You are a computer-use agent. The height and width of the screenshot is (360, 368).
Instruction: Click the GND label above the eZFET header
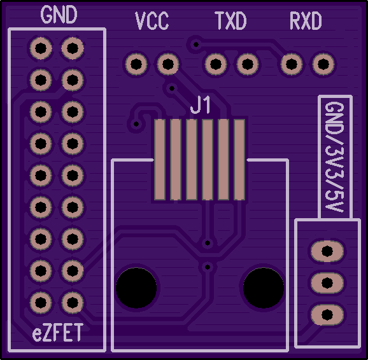[x=59, y=15]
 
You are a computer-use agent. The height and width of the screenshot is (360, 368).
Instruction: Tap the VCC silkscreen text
[x=152, y=20]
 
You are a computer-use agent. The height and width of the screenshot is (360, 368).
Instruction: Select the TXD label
[x=230, y=20]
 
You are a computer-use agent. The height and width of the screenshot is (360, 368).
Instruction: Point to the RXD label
[x=306, y=20]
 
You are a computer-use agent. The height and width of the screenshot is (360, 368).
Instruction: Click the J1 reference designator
[x=200, y=106]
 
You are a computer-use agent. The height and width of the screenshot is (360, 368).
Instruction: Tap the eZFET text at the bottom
[x=57, y=332]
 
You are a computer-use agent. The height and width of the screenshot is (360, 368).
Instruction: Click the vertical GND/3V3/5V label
[x=335, y=157]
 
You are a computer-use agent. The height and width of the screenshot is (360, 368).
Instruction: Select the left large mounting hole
[x=136, y=287]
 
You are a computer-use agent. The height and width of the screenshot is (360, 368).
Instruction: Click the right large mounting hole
[x=264, y=287]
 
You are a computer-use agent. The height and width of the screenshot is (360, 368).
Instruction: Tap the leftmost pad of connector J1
[x=160, y=160]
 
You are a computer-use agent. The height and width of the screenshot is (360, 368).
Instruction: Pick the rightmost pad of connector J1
[x=239, y=160]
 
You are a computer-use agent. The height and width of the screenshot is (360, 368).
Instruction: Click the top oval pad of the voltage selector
[x=327, y=251]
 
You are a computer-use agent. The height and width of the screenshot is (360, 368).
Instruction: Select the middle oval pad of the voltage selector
[x=327, y=283]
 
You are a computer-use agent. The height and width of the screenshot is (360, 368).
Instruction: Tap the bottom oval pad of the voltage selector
[x=327, y=315]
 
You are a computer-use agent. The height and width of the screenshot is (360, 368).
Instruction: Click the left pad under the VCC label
[x=136, y=64]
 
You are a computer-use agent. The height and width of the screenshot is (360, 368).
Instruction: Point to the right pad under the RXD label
[x=323, y=64]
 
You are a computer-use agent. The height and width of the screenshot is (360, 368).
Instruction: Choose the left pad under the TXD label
[x=216, y=64]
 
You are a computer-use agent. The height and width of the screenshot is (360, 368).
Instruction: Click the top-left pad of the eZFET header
[x=41, y=48]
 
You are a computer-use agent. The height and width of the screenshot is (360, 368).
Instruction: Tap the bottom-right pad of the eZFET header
[x=73, y=303]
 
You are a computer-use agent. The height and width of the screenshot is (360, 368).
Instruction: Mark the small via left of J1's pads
[x=136, y=124]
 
